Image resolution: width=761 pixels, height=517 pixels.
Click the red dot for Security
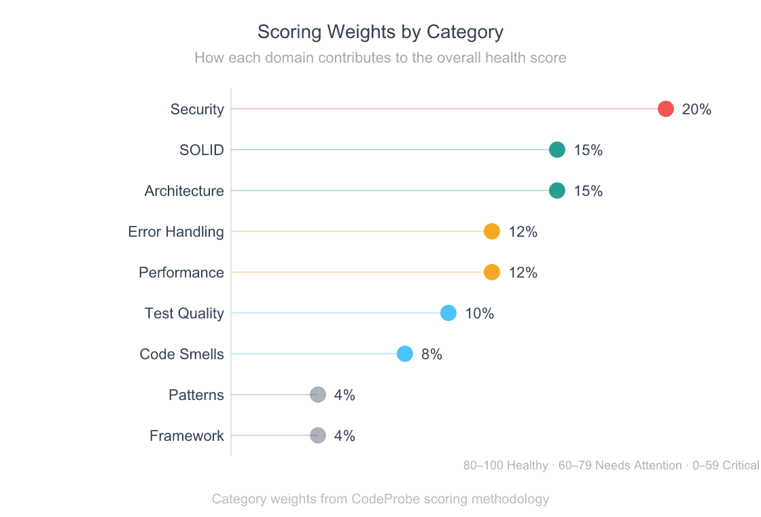point(666,109)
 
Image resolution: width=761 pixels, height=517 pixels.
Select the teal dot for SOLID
point(557,150)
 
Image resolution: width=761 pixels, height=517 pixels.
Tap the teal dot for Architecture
point(557,190)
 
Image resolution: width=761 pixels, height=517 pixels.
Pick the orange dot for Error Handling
point(492,231)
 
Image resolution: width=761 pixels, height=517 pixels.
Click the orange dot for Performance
point(492,272)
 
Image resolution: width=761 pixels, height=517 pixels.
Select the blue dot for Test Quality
point(448,313)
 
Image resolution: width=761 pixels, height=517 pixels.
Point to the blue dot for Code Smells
point(405,354)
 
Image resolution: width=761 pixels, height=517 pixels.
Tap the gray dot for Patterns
point(318,395)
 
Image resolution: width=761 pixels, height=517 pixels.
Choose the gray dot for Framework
point(318,435)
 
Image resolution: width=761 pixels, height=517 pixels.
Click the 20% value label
point(696,110)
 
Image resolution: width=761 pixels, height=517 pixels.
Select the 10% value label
point(479,314)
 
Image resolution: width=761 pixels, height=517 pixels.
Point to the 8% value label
point(431,354)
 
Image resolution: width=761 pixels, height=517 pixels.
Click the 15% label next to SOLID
point(588,150)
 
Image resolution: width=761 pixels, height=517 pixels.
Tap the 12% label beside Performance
point(523,273)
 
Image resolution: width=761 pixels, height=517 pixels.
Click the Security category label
point(197,110)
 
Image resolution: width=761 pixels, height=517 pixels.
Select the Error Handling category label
point(176,232)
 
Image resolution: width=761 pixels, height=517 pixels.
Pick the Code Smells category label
point(181,354)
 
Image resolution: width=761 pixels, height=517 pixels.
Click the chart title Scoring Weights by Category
point(380,32)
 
